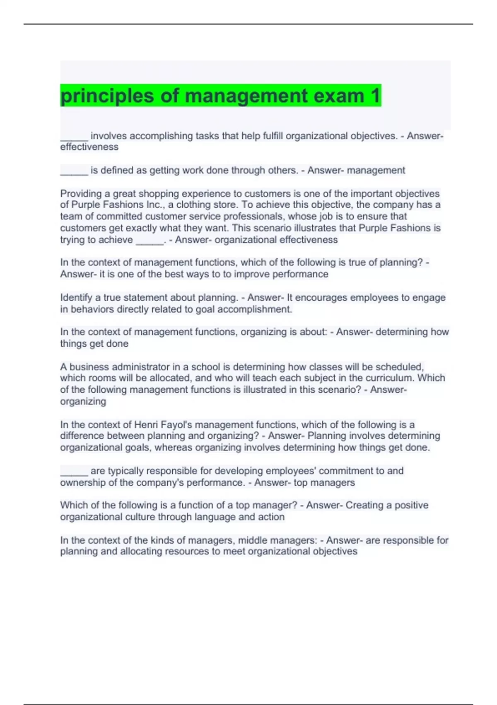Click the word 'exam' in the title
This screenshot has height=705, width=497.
[339, 96]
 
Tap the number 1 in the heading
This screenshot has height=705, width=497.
[375, 96]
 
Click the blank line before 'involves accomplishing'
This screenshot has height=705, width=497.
[74, 137]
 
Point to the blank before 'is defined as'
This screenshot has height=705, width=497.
[74, 171]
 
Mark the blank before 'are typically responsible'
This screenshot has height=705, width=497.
[74, 472]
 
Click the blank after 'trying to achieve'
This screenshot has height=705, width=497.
[150, 241]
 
